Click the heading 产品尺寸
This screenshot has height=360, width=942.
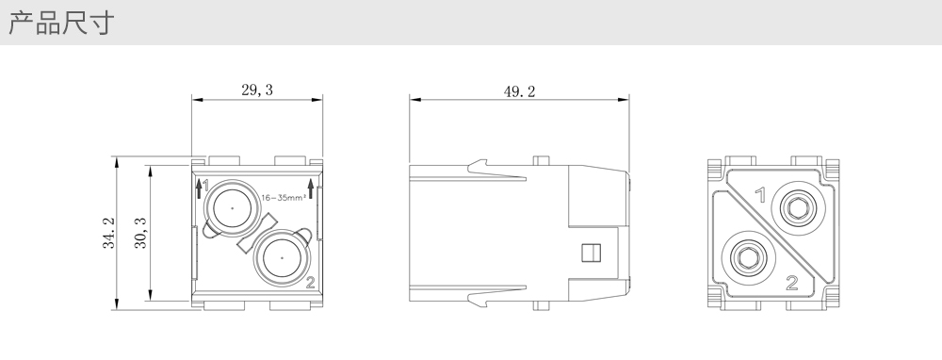tap(61, 23)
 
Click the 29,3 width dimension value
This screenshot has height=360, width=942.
tap(257, 90)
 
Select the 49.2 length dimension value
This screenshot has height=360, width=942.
tap(520, 91)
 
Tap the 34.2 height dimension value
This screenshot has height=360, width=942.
tap(108, 233)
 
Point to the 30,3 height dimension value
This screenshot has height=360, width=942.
tap(140, 233)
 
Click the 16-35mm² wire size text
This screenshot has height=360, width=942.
tap(284, 197)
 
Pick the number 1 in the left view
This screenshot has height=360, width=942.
tap(205, 185)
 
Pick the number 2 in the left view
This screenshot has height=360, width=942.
tap(310, 283)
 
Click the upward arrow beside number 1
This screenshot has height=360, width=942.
tap(199, 188)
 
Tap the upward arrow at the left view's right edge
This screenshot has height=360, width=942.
tap(311, 188)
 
